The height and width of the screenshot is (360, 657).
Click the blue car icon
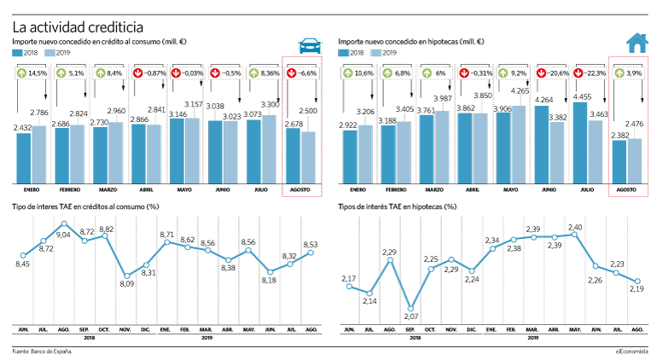(310, 46)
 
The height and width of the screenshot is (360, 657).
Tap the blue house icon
(637, 43)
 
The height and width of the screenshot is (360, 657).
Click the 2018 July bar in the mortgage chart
(579, 143)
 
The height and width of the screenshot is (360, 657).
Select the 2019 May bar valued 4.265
(518, 144)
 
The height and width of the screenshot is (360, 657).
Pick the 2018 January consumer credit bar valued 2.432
(24, 159)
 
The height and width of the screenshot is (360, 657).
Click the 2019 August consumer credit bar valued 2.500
(308, 158)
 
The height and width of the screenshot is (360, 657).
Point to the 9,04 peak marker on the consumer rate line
(64, 224)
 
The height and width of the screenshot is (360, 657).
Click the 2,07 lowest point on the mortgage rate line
(411, 309)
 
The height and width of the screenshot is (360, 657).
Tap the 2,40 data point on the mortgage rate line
(574, 235)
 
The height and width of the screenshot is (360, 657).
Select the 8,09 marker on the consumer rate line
(127, 276)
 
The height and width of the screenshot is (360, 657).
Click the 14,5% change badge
(32, 73)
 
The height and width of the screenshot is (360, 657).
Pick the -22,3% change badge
(590, 73)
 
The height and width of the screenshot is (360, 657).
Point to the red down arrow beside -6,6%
(292, 73)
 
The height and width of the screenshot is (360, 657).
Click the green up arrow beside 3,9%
(619, 73)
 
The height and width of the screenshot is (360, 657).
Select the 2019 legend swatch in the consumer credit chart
(49, 53)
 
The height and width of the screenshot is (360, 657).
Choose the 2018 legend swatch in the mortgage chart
(343, 53)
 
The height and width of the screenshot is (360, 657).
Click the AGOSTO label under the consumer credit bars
(300, 190)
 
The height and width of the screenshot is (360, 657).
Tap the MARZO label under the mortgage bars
(434, 190)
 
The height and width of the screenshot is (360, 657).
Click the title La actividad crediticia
(78, 27)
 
